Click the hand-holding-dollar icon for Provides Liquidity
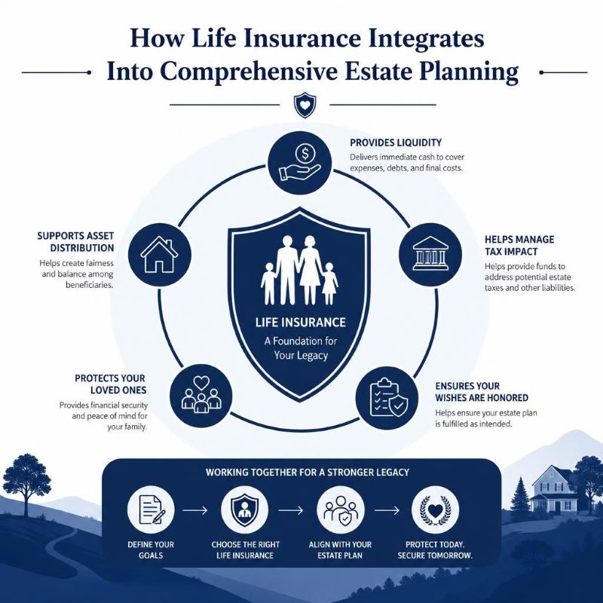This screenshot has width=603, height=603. pos(299,163)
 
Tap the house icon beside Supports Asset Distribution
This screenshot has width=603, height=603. pos(159,254)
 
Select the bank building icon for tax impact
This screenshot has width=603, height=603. pos(430,254)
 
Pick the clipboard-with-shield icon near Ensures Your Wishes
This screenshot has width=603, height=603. pos(387,398)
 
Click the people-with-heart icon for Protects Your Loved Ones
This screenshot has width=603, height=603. pos(200,396)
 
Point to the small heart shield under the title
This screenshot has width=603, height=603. pos(305,105)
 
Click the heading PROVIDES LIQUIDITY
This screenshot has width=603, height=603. pos(396,142)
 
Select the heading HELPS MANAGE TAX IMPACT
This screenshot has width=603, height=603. pos(519,246)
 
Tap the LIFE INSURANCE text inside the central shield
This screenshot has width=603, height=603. pos(301,322)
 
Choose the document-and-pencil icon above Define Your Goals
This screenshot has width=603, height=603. pos(151,510)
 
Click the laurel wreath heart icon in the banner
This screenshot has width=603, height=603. pos(435,510)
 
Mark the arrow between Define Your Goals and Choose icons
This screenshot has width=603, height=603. pos(195,510)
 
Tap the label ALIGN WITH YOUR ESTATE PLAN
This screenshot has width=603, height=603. pos(340,550)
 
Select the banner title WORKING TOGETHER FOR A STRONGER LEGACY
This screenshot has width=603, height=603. pos(308,473)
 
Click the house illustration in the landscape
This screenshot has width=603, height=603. pos(553,488)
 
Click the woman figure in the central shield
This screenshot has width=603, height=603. pos(310,269)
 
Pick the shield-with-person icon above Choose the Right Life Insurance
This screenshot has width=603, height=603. pos(245,510)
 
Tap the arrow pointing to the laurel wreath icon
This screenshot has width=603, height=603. pos(387,510)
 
